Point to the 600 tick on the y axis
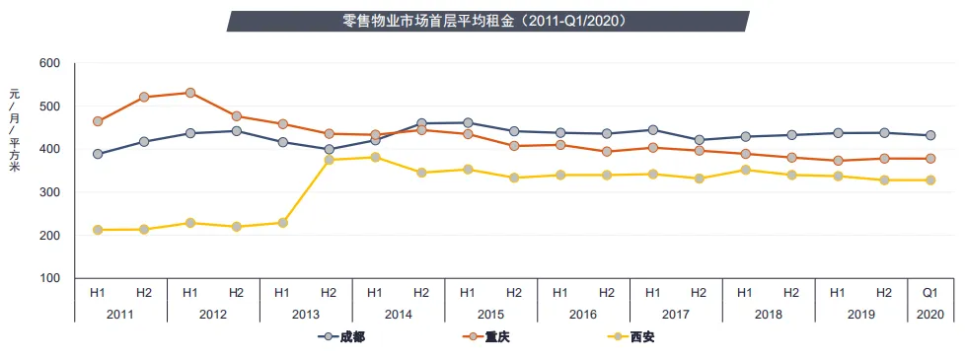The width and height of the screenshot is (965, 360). pos(49,63)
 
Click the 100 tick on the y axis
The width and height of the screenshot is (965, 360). pos(49,279)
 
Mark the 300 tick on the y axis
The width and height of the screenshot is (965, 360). pos(49,192)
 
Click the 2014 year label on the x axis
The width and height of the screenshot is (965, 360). pos(399,313)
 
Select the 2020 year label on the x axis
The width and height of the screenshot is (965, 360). pos(929,313)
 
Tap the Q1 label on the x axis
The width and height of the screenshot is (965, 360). pos(929,292)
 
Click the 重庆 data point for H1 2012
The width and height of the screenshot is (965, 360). pos(190,93)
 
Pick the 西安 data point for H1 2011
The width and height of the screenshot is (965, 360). pos(98,230)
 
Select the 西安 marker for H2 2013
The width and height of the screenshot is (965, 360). pos(330,160)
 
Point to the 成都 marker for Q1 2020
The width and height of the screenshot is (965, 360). pos(929,135)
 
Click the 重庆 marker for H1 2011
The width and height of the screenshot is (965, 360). pos(98,121)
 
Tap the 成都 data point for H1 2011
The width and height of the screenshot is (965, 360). pos(98,154)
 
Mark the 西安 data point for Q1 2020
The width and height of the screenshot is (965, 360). pos(929,180)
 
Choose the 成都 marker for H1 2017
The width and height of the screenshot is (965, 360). pos(652,130)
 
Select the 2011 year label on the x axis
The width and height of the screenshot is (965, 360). pos(120,313)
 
